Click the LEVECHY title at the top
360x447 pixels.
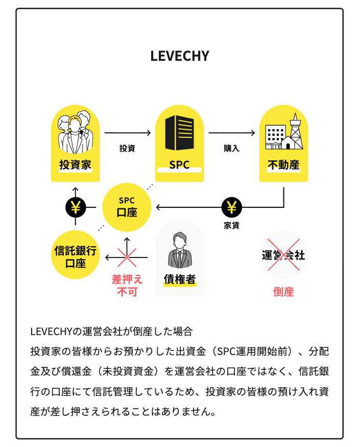point(180,56)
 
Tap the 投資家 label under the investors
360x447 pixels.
point(75,165)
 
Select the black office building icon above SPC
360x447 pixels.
point(180,132)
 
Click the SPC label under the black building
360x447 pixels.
point(180,165)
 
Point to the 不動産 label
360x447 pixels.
point(283,165)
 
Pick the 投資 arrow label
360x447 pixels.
point(127,148)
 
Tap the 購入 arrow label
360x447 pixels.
point(231,148)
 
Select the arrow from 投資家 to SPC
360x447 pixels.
point(128,132)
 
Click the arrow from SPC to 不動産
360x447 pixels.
point(232,132)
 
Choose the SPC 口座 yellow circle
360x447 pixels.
point(127,207)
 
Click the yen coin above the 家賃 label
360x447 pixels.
point(232,207)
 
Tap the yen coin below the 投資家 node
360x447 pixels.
point(76,207)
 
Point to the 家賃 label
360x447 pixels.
point(231,225)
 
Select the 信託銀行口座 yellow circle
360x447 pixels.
point(75,255)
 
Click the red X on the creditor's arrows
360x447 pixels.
point(127,257)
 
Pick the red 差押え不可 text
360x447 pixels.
point(127,286)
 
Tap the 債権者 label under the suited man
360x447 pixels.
point(180,279)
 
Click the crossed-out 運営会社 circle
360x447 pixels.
point(283,255)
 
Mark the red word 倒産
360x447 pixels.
point(283,292)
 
